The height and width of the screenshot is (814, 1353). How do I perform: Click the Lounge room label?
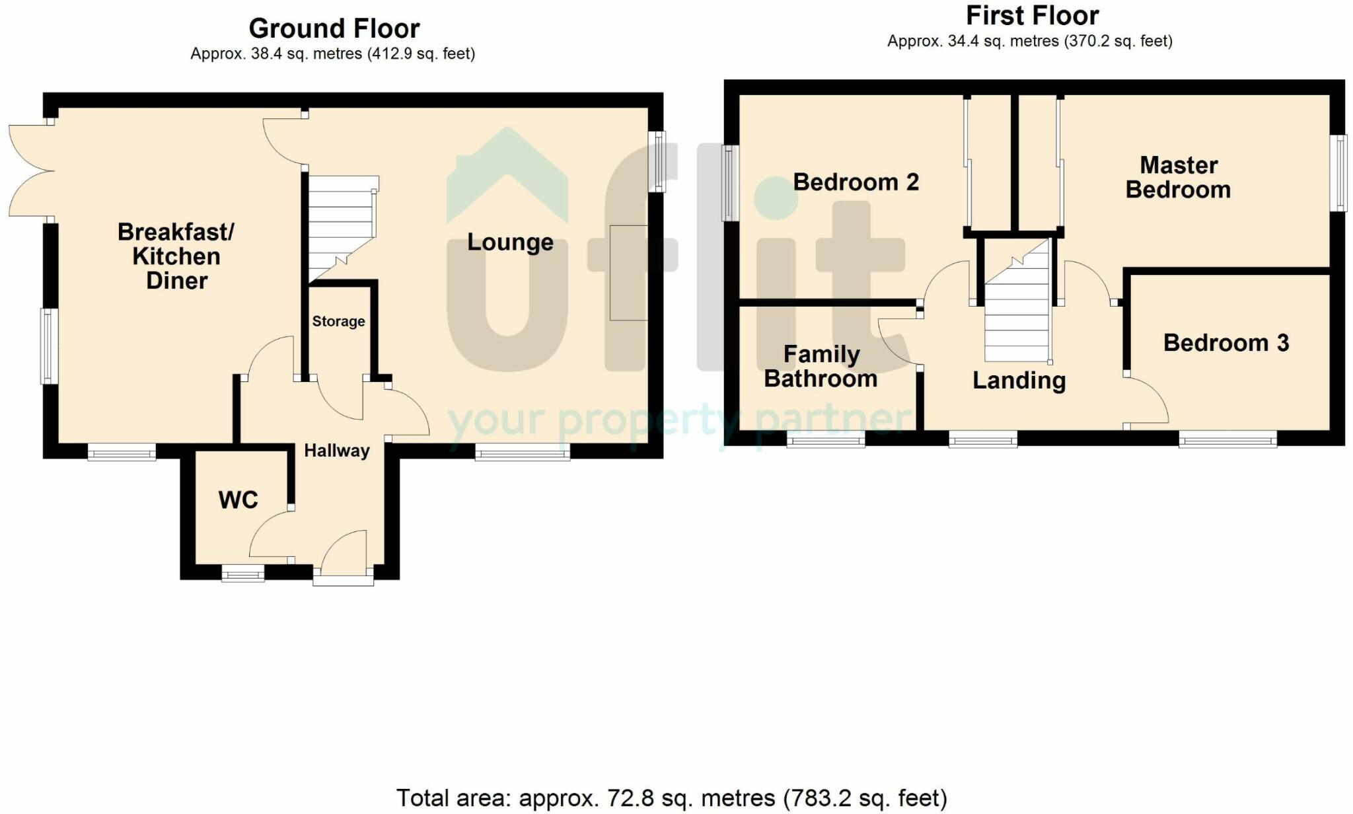click(x=510, y=242)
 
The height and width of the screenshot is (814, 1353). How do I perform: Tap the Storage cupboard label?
click(x=338, y=321)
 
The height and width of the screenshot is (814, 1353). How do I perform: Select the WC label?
click(x=238, y=500)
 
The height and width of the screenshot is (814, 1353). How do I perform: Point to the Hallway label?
click(x=336, y=451)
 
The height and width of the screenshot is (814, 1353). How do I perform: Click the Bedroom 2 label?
click(x=856, y=182)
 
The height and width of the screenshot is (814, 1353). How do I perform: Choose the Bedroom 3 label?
click(x=1226, y=343)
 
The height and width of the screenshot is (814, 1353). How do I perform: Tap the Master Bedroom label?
click(x=1179, y=177)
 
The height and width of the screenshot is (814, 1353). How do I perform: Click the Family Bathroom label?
click(x=821, y=366)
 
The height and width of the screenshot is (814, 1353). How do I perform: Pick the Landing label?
click(x=1019, y=381)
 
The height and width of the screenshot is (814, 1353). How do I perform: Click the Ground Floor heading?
click(x=334, y=28)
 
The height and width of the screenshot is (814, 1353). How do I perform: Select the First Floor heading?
click(x=1033, y=15)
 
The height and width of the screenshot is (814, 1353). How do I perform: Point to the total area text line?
click(x=671, y=798)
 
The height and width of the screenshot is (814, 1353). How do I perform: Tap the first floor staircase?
click(x=1017, y=300)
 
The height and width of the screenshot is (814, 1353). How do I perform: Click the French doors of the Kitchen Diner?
click(x=30, y=170)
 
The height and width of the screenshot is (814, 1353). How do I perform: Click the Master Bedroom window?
click(x=1339, y=173)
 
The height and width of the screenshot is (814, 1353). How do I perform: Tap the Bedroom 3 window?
click(x=1227, y=439)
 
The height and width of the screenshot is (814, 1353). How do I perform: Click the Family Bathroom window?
click(x=826, y=439)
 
